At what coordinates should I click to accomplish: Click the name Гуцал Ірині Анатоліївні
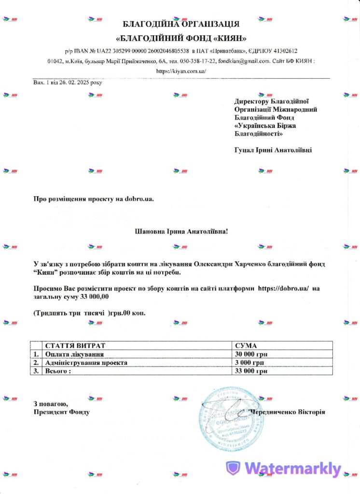click(273, 150)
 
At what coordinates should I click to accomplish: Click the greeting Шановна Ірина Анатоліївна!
click(180, 231)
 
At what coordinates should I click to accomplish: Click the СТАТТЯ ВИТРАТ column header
click(75, 346)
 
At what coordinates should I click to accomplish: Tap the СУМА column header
click(246, 346)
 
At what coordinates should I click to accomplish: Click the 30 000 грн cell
click(251, 355)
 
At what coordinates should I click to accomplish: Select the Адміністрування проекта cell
click(86, 363)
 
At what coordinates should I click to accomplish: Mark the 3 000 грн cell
click(249, 363)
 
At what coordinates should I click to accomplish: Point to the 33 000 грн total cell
click(251, 371)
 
